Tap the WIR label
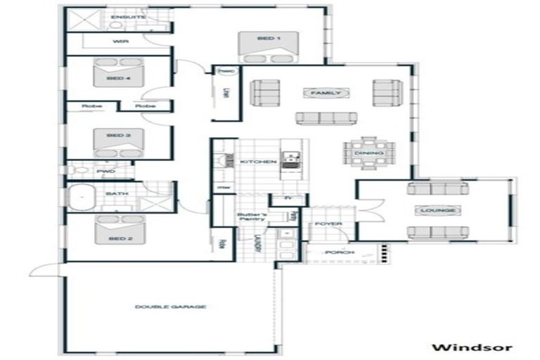(119, 41)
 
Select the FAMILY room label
(326, 93)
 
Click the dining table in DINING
(369, 153)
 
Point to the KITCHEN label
(258, 162)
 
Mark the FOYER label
(328, 224)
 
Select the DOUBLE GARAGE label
(170, 307)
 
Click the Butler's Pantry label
(250, 217)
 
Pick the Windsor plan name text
(472, 347)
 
